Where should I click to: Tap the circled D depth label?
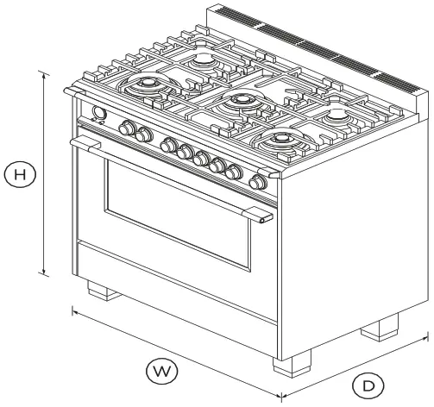tap(369, 385)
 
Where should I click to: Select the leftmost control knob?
tap(129, 129)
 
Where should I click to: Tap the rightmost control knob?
tap(257, 182)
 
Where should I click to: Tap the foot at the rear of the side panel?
tap(381, 329)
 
